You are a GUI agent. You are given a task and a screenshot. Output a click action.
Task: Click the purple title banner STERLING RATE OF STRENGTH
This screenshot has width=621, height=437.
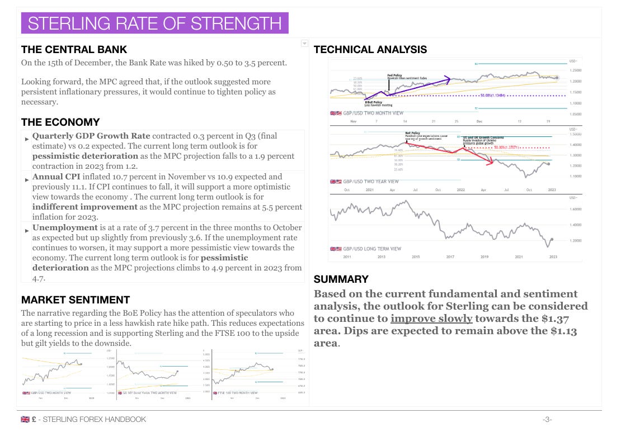click(154, 23)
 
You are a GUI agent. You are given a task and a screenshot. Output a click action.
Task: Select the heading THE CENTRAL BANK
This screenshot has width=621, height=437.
click(74, 49)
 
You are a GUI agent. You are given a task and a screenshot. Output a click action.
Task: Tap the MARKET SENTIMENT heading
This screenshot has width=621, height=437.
click(76, 300)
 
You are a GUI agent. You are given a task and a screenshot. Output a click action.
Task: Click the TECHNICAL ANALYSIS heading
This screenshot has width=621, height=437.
click(370, 49)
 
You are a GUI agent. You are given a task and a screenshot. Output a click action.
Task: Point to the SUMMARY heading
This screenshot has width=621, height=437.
click(341, 279)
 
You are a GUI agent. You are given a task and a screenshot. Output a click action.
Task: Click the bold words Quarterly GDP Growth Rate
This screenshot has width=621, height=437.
click(91, 136)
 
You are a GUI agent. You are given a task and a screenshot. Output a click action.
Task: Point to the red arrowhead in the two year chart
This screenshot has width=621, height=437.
click(491, 163)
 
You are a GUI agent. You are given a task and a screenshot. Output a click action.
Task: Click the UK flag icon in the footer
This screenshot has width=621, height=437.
click(25, 420)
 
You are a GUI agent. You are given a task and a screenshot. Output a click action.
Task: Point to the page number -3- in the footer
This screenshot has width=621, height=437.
click(547, 420)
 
